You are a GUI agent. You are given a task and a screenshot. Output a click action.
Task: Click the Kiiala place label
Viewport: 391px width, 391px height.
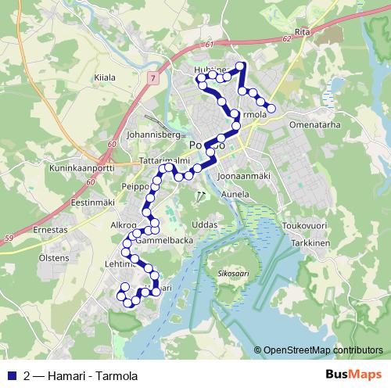[104, 77]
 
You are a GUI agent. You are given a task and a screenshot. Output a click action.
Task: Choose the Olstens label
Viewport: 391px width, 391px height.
[53, 256]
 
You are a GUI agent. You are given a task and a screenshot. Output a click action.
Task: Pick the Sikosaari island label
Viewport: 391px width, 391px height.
[228, 274]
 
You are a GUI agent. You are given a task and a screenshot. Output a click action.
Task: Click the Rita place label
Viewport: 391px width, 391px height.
[303, 33]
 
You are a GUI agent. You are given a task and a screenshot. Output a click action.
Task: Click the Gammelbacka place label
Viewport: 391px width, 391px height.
[164, 242]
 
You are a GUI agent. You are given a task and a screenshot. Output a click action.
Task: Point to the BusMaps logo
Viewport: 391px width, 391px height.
[353, 374]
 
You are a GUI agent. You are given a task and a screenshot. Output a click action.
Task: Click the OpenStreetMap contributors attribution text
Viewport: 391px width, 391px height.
[324, 350]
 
